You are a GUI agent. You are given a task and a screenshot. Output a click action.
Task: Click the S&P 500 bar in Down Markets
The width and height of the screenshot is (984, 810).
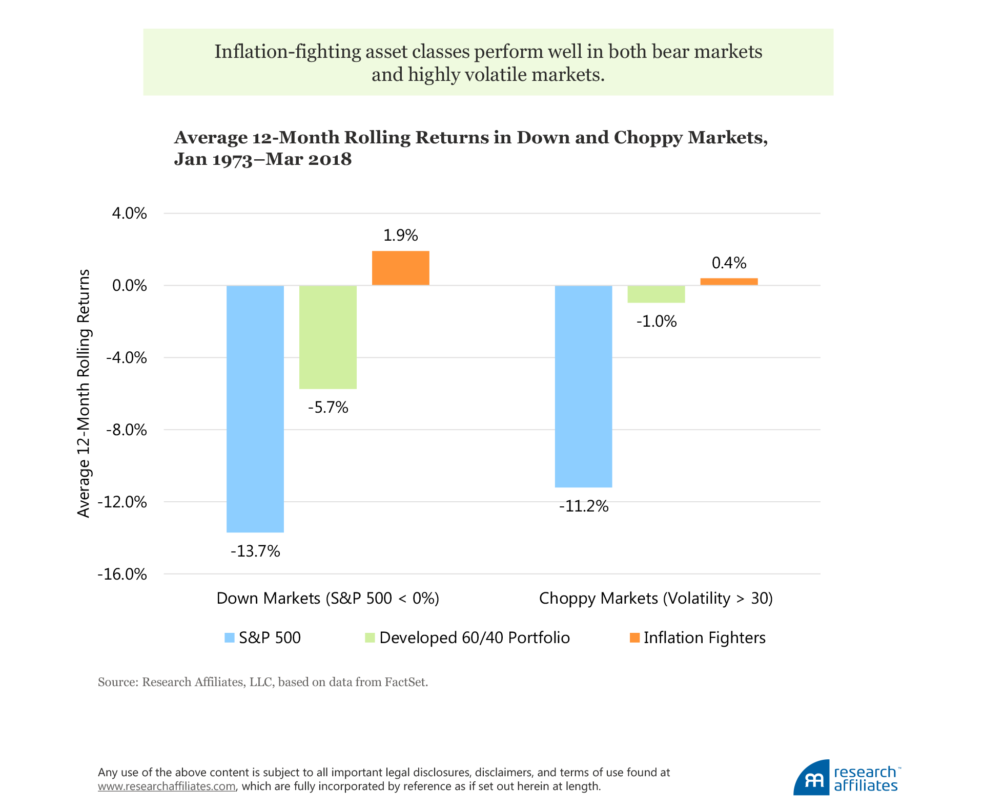pyautogui.click(x=255, y=409)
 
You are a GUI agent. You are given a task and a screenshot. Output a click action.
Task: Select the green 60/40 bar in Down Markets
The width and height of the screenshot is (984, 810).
pyautogui.click(x=328, y=337)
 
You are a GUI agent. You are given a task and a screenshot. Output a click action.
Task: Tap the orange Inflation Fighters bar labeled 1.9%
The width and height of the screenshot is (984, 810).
pyautogui.click(x=401, y=268)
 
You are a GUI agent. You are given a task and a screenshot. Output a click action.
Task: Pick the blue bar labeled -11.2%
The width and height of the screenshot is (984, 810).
pyautogui.click(x=584, y=386)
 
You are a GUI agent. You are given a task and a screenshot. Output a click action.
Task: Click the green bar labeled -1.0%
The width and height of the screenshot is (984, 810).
pyautogui.click(x=657, y=294)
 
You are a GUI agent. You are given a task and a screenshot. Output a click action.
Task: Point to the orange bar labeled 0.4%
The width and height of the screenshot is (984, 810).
pyautogui.click(x=729, y=282)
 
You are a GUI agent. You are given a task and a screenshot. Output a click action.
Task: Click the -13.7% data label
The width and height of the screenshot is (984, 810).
pyautogui.click(x=255, y=551)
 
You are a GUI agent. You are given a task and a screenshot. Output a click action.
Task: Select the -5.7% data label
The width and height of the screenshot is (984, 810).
pyautogui.click(x=328, y=408)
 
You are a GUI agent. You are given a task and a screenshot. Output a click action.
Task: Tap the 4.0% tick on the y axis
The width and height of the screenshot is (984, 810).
pyautogui.click(x=129, y=214)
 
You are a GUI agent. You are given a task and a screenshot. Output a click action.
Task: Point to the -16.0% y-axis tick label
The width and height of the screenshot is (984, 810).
pyautogui.click(x=122, y=574)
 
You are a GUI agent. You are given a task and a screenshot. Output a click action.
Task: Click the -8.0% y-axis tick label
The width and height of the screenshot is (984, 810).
pyautogui.click(x=127, y=430)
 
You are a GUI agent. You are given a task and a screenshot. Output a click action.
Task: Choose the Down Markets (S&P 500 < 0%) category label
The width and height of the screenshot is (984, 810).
pyautogui.click(x=328, y=598)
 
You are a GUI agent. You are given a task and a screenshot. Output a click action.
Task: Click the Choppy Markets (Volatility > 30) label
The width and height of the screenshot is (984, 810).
pyautogui.click(x=656, y=598)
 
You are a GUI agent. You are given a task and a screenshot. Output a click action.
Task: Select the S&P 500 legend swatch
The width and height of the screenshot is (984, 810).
pyautogui.click(x=230, y=638)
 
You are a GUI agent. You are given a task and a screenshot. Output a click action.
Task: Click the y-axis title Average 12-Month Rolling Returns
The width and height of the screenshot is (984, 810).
pyautogui.click(x=84, y=393)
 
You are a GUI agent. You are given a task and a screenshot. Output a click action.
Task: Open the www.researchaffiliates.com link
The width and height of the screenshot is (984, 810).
pyautogui.click(x=167, y=786)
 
